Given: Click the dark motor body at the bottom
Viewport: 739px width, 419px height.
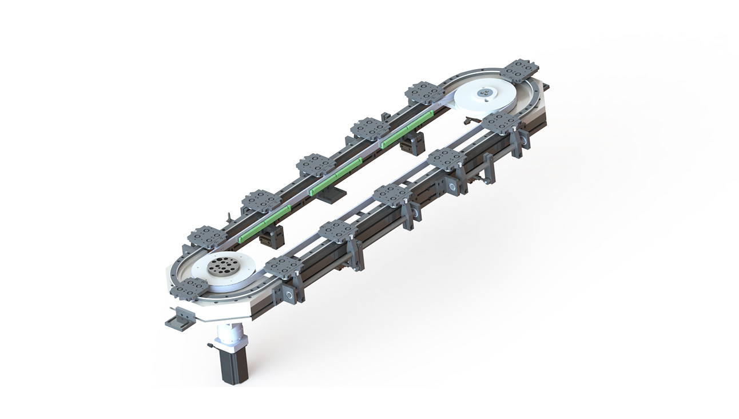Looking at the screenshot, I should [x=232, y=364].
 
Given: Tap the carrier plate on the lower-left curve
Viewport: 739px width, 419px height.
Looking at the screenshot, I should [x=189, y=288].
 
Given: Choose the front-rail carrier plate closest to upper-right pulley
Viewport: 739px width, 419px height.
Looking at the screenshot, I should [x=499, y=122].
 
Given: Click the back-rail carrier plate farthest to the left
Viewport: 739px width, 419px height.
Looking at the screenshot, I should [x=206, y=236].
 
